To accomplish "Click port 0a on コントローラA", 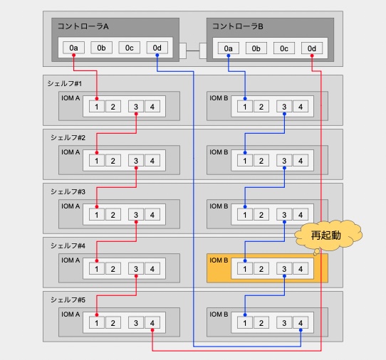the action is (x=73, y=48).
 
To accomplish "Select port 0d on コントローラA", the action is (x=157, y=48).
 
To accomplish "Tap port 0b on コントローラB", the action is (x=256, y=48).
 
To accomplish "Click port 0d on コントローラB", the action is (x=312, y=48).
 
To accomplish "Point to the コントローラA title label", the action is (x=83, y=26).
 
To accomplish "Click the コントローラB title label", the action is (x=238, y=26).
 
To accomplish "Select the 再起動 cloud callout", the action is (x=328, y=236).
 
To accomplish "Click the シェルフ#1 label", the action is (x=65, y=84).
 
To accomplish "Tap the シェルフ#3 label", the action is (x=68, y=191).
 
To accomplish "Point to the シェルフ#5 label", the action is (x=68, y=300).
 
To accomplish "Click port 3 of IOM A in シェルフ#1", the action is (x=136, y=107).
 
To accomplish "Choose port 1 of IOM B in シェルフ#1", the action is (x=245, y=107).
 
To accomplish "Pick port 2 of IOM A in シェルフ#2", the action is (x=113, y=161).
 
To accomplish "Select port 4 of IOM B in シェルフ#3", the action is (x=301, y=215).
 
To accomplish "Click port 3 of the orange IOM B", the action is (x=284, y=269).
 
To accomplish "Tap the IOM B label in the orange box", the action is (x=219, y=260).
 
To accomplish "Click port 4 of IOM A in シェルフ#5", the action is (x=152, y=323).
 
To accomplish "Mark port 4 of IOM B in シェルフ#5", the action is (x=301, y=323).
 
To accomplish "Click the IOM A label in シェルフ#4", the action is (x=71, y=260).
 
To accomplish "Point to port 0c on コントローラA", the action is (x=129, y=48).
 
